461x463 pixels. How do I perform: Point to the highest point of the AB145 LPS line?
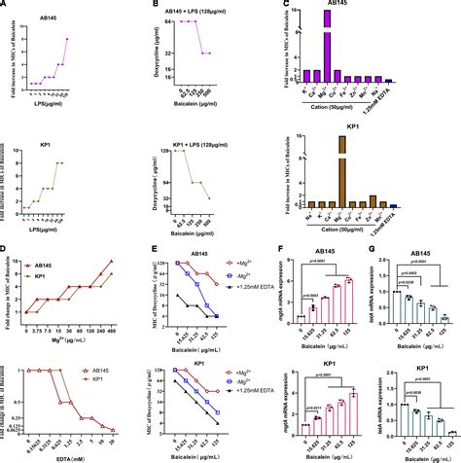pyautogui.click(x=67, y=39)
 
